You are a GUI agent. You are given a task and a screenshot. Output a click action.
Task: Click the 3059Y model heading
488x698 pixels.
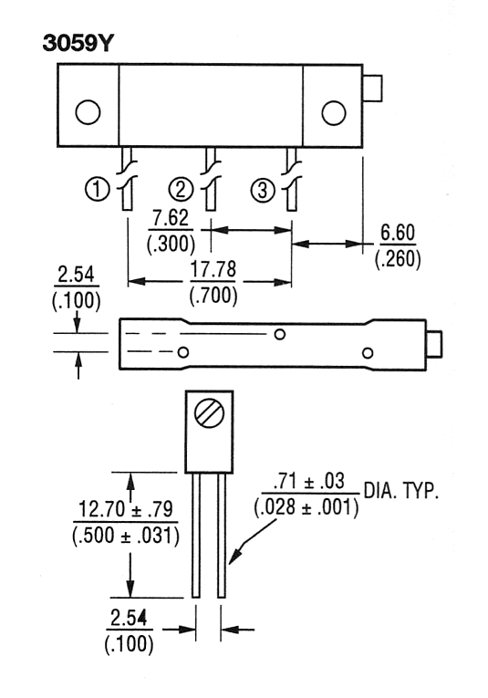click(78, 43)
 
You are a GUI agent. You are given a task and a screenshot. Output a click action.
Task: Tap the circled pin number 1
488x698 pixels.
click(97, 189)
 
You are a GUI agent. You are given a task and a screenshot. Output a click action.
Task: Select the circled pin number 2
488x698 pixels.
click(181, 189)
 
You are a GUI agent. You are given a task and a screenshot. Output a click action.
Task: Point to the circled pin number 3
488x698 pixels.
click(263, 190)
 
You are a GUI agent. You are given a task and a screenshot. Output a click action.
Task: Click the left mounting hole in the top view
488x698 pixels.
click(88, 111)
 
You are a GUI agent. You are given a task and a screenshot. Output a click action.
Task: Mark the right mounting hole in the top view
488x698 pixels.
click(334, 112)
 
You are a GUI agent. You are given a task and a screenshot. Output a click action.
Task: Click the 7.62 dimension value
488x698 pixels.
click(171, 218)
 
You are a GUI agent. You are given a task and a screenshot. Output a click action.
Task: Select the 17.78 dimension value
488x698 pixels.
click(213, 270)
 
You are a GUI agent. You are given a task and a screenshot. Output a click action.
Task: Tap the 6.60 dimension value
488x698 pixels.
click(398, 233)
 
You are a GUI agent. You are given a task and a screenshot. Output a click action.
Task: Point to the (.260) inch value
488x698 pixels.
click(398, 259)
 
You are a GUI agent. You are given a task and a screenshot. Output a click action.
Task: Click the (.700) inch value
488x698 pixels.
click(213, 296)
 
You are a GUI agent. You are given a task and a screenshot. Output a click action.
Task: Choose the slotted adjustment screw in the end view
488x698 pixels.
click(209, 413)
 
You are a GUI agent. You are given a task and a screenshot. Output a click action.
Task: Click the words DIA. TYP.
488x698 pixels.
click(401, 491)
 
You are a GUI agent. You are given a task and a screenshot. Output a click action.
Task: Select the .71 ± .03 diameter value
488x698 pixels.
click(309, 481)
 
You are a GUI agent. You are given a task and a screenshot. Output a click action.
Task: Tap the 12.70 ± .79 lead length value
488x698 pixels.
click(126, 509)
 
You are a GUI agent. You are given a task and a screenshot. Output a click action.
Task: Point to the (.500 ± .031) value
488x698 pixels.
click(126, 536)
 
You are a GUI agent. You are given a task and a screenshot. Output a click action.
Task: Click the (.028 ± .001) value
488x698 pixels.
click(306, 507)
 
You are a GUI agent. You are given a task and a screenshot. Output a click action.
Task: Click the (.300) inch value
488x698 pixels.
click(171, 244)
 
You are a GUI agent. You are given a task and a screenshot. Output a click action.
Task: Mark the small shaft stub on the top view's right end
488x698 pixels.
click(372, 89)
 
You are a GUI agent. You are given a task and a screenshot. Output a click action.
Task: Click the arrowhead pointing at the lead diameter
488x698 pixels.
click(235, 555)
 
